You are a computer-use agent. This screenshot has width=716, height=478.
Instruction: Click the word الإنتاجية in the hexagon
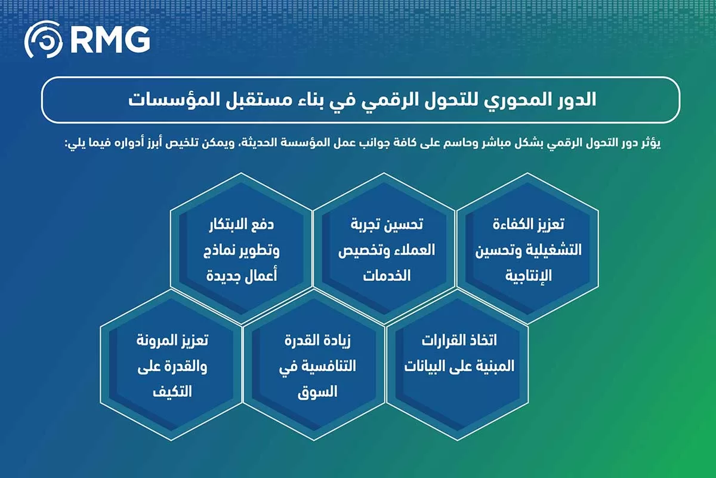529,275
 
